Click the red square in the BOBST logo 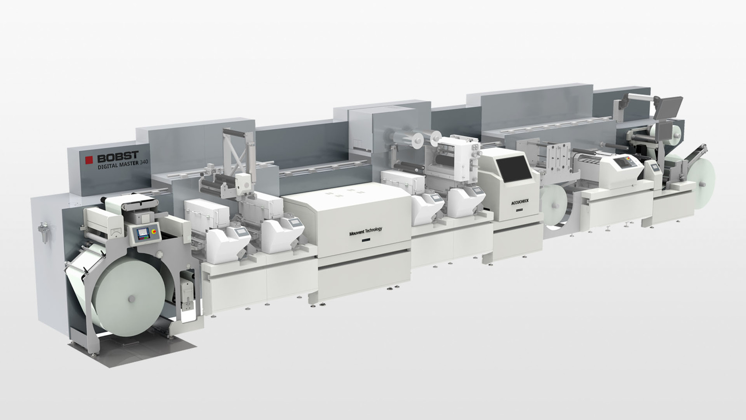[89, 160]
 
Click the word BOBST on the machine [118, 157]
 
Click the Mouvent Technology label [366, 231]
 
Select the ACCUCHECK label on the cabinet [520, 201]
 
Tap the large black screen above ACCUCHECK [514, 169]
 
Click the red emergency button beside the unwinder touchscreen [154, 231]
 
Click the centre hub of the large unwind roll [132, 299]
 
